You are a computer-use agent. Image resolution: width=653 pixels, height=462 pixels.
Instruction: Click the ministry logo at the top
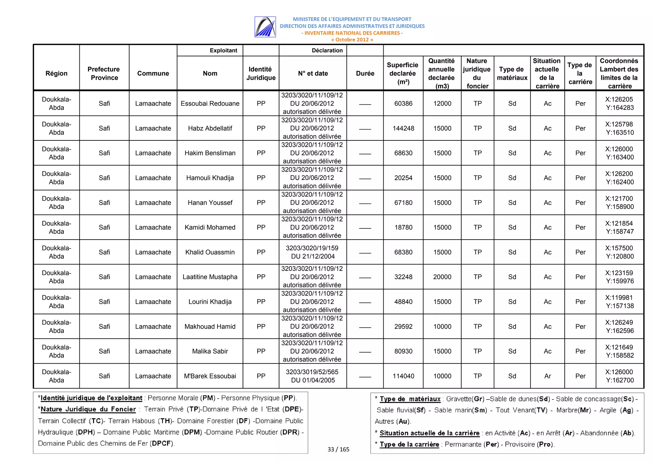[265, 27]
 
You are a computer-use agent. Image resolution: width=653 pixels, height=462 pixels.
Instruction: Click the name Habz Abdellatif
[210, 128]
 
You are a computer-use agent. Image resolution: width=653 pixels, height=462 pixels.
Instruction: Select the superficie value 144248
[403, 128]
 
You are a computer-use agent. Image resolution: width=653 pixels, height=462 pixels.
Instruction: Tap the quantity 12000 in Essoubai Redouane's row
[442, 103]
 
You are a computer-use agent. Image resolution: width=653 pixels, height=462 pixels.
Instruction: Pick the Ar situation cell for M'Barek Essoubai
[547, 376]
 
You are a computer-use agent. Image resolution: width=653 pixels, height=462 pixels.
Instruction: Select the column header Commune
[153, 73]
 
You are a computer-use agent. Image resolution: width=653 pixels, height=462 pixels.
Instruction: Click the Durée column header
[365, 73]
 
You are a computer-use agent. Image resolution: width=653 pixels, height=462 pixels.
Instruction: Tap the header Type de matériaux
[512, 73]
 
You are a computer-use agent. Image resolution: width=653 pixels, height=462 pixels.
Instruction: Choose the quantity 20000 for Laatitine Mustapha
[442, 277]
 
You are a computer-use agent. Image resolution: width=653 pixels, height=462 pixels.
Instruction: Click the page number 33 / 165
[338, 449]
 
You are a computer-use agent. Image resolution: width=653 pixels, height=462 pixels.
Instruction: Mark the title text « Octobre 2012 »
[352, 40]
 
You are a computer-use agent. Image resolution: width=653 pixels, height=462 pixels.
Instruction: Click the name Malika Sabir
[210, 351]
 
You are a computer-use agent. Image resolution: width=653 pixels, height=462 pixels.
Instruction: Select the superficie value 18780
[403, 227]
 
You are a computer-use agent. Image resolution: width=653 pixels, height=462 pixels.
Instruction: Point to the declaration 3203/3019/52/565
[312, 372]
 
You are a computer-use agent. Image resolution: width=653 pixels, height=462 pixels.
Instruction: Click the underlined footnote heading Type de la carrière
[409, 444]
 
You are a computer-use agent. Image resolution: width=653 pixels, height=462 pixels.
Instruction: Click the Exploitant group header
[223, 50]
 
